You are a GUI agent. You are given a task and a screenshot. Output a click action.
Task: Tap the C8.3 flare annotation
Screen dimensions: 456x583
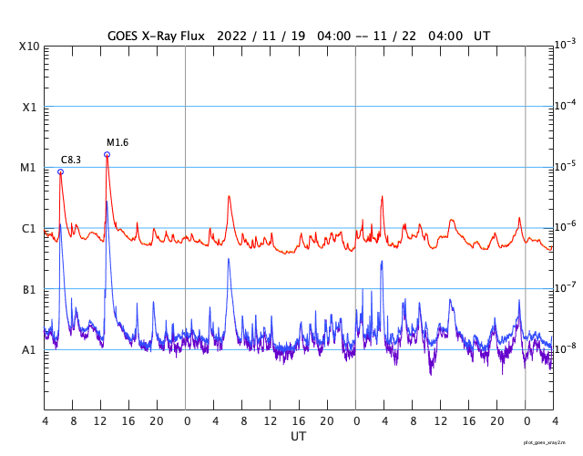click(x=71, y=160)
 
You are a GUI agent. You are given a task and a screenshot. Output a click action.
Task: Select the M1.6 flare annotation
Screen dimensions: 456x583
click(x=118, y=142)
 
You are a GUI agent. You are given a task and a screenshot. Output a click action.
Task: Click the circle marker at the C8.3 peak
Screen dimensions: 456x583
click(x=60, y=171)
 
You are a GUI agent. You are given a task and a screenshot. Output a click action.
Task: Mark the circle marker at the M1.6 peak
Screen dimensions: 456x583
click(x=107, y=154)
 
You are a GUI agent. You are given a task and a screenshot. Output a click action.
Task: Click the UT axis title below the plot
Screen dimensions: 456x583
click(x=298, y=436)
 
